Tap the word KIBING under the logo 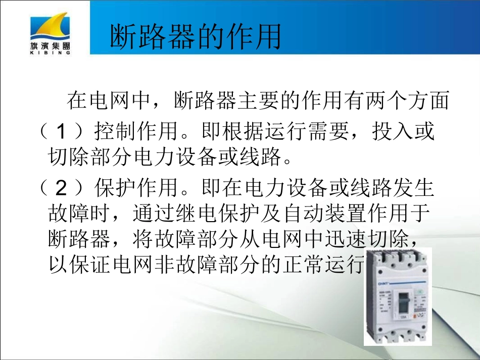point(50,52)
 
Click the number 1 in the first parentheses point(61,133)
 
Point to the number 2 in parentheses point(61,189)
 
